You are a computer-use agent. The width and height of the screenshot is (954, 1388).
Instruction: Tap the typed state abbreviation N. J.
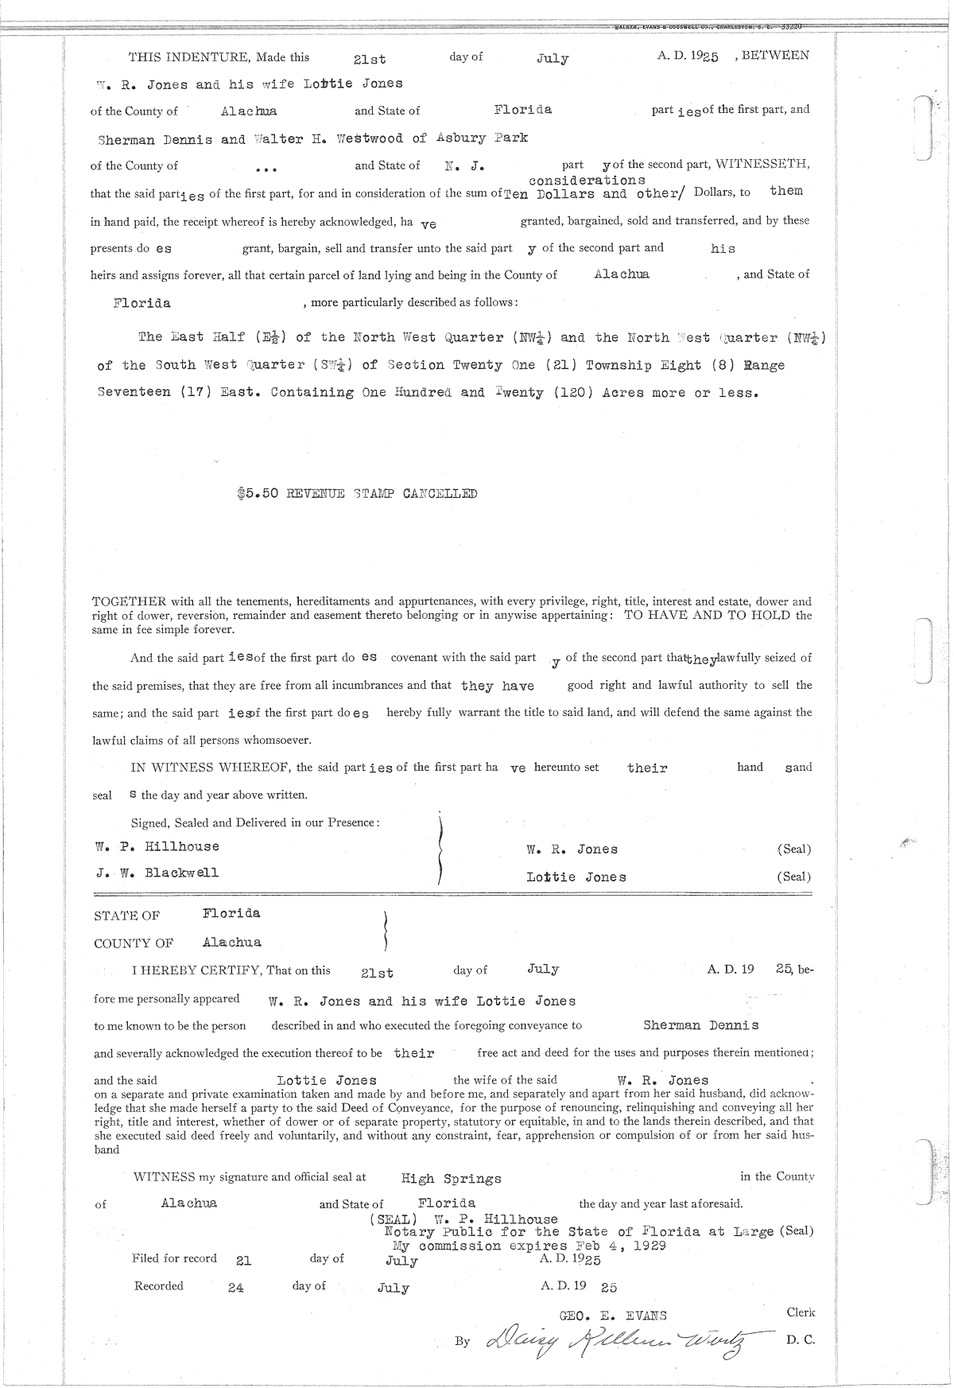point(465,166)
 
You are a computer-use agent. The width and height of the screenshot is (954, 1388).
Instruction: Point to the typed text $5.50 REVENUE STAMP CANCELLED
point(357,493)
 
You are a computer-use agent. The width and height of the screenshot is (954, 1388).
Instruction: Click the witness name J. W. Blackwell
point(157,873)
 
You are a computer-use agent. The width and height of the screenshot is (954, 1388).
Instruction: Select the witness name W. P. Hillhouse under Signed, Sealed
point(157,846)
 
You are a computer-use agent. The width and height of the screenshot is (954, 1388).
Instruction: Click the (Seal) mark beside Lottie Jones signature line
point(793,877)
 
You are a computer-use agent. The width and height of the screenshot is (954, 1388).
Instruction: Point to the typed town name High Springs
point(451,1178)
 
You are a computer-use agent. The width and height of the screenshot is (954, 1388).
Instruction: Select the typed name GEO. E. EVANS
point(613,1316)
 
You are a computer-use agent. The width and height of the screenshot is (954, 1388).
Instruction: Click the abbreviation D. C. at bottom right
point(800,1339)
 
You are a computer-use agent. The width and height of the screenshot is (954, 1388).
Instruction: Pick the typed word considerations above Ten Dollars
point(587,181)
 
